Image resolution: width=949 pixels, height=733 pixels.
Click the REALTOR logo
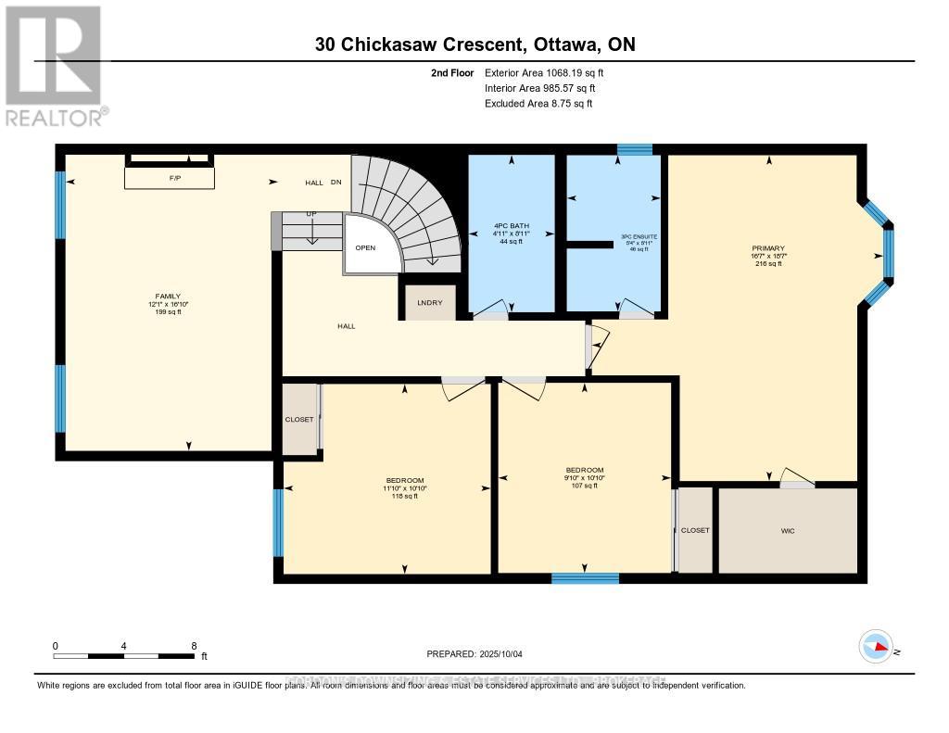[54, 65]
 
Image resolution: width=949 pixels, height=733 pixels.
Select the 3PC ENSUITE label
[639, 237]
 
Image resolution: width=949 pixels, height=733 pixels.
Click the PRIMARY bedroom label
[768, 248]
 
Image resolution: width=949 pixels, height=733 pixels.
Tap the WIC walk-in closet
[788, 531]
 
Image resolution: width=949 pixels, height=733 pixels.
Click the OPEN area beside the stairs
[365, 248]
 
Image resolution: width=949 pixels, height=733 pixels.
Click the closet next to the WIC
[695, 531]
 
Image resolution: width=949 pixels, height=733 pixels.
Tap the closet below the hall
[299, 419]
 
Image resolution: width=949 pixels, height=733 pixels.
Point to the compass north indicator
[876, 647]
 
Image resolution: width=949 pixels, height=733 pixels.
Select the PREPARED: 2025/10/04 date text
[474, 654]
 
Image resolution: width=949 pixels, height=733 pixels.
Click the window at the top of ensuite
[635, 149]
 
